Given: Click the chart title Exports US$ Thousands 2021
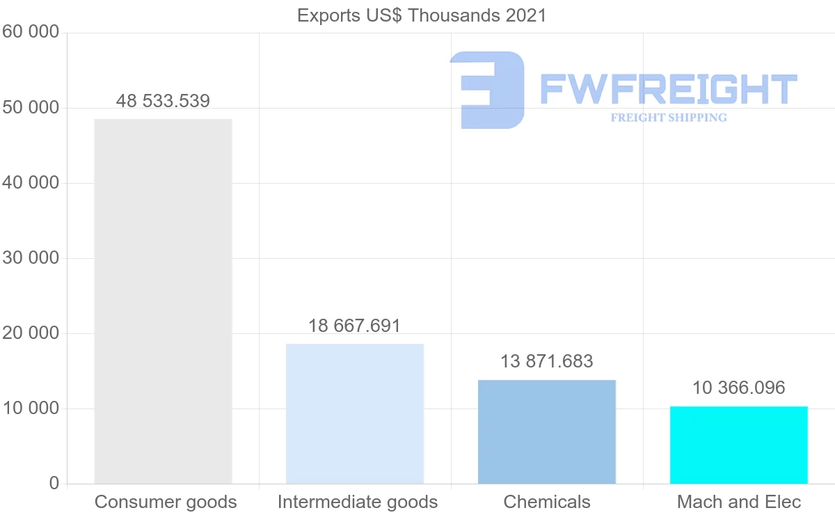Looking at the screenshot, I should coord(422,15).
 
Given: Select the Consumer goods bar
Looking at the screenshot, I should coord(163,301).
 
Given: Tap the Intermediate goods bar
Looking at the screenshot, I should coord(355,413).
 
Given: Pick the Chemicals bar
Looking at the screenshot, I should coord(547,431).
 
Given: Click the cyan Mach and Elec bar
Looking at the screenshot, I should coord(739,445).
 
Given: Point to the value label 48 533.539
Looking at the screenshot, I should coord(163,102).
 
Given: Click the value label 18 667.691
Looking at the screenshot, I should coord(355,326).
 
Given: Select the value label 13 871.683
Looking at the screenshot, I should coord(547,362).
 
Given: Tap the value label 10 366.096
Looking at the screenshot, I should coord(739,388).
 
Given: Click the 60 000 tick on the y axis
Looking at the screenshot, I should coord(31,32).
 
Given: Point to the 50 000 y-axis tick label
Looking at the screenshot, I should coord(31,108).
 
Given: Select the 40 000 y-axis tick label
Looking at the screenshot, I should coord(31,183).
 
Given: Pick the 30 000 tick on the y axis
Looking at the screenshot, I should coord(31,258).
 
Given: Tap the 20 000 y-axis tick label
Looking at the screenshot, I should coord(31,333).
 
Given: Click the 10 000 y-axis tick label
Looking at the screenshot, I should coord(31,409).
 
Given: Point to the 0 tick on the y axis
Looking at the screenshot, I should coord(54,484).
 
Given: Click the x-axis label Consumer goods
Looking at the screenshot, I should coord(166,502).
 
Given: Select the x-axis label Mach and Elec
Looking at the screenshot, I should coord(739,502).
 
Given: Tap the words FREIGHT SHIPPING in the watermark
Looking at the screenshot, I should coord(669,118).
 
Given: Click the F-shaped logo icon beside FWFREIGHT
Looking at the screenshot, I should coord(487,90).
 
